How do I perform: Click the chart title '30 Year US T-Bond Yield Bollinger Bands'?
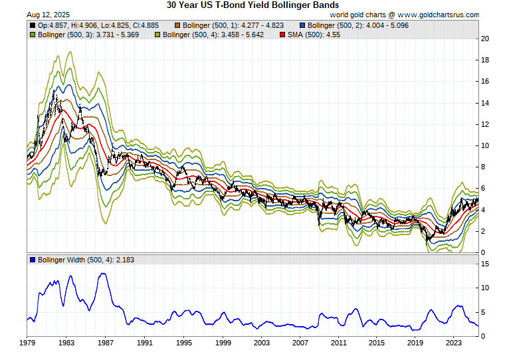tap(252, 5)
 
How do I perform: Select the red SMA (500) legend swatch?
tap(282, 35)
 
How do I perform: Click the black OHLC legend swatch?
tap(33, 25)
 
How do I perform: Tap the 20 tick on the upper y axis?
tap(485, 39)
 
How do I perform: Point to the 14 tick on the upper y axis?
tap(485, 103)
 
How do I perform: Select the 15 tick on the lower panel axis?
tap(485, 264)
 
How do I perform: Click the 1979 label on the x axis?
tap(27, 343)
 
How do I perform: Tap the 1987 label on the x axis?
tap(105, 343)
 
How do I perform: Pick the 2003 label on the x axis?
tap(261, 343)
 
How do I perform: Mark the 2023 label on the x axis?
tap(454, 343)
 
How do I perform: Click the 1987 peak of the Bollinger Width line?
tap(103, 274)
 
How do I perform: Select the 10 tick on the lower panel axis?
tap(485, 288)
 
